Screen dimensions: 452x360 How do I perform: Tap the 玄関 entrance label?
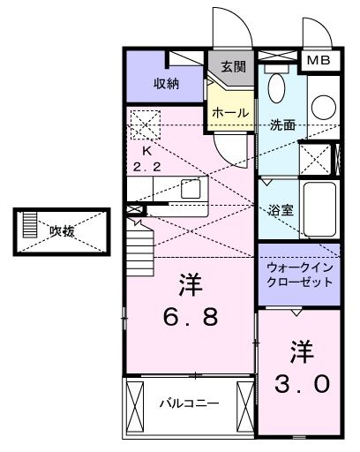tap(233, 66)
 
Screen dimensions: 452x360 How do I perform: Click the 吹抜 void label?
tap(61, 231)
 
